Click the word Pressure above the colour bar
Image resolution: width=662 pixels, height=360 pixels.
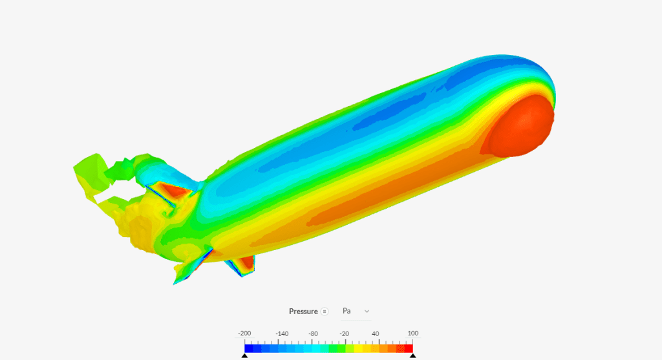[303, 312]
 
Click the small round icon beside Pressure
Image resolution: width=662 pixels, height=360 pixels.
[325, 312]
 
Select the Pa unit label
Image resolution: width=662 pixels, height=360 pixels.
[347, 311]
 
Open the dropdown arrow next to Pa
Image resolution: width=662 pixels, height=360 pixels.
[367, 311]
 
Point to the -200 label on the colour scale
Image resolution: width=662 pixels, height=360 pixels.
[244, 334]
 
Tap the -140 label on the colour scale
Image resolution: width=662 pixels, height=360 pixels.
[282, 334]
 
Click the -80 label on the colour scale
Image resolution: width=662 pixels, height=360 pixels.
[313, 334]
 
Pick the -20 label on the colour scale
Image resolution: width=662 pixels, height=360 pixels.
[345, 334]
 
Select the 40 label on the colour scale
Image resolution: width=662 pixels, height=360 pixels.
[376, 334]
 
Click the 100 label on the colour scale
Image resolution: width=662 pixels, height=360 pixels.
[413, 334]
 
